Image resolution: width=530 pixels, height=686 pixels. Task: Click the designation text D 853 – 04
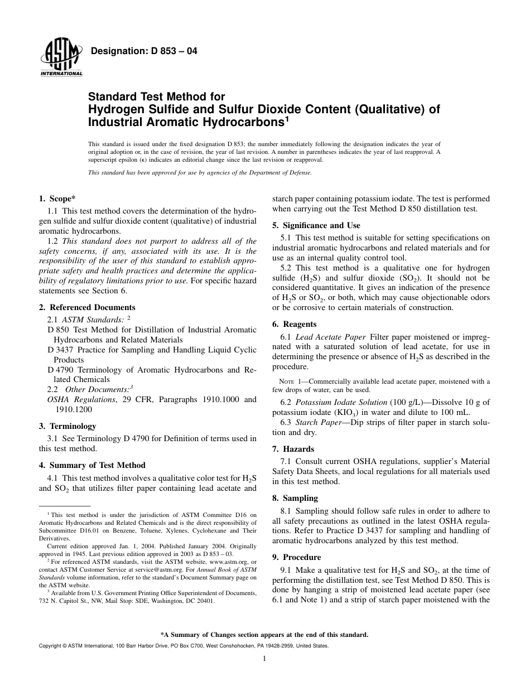144,52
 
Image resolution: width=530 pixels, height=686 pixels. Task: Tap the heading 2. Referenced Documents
87,307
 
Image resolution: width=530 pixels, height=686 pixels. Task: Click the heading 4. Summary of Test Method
92,465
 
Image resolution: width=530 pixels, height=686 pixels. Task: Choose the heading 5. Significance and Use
316,225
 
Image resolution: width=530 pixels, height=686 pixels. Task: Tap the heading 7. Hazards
293,449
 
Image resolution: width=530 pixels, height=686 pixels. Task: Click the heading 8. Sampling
295,498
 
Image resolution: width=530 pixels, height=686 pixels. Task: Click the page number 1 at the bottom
264,659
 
